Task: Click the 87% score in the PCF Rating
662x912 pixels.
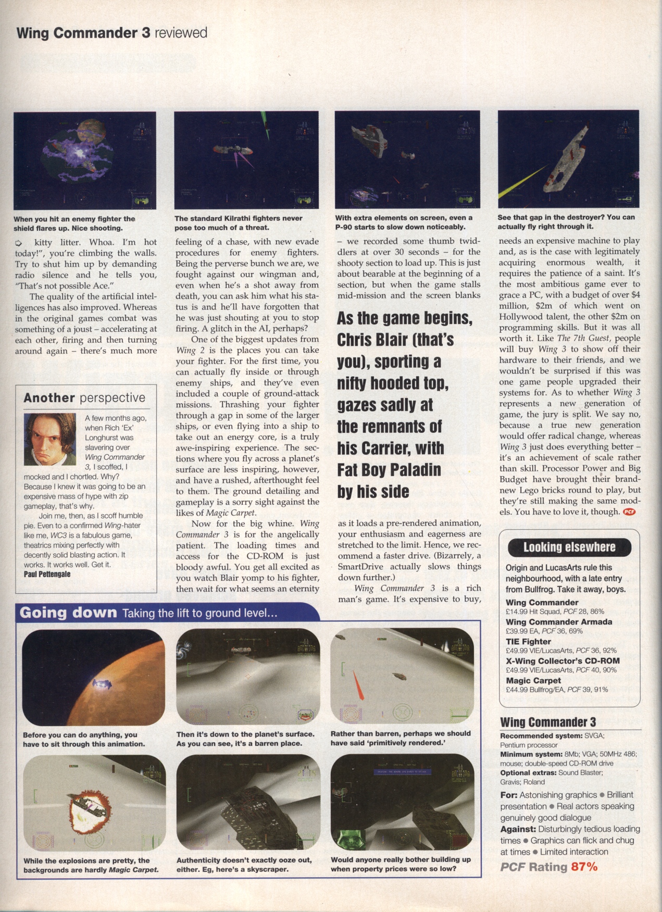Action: point(584,867)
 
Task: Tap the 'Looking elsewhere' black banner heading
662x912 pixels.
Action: point(569,547)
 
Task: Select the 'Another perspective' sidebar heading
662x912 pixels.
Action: point(84,398)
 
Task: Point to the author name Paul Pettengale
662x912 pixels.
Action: point(47,574)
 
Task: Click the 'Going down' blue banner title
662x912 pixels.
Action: point(68,613)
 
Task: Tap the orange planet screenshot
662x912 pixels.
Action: point(94,677)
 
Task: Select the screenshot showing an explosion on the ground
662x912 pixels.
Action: point(94,802)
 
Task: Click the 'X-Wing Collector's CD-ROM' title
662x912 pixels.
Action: point(563,661)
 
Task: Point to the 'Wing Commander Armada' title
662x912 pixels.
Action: point(559,622)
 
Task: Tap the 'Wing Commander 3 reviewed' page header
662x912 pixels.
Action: point(112,33)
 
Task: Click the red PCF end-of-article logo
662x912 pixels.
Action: point(629,511)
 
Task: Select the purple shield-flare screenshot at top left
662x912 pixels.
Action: point(85,160)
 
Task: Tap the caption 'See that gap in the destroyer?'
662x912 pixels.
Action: point(566,222)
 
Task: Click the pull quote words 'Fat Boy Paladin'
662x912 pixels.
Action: point(389,470)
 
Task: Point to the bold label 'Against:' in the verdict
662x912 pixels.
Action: point(518,829)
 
